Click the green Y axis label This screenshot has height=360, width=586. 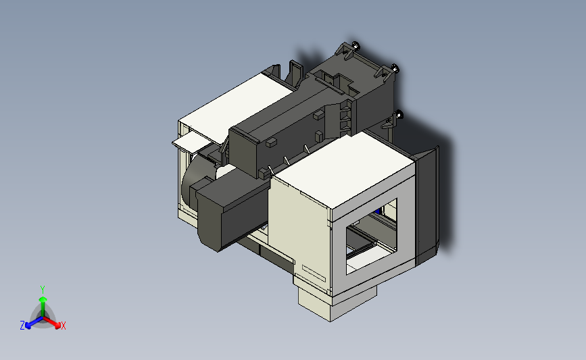(x=43, y=290)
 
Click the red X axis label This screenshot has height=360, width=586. (x=63, y=326)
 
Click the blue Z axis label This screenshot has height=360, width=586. (x=22, y=326)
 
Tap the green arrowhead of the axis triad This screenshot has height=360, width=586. (x=43, y=300)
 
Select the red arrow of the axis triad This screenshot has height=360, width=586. (x=51, y=322)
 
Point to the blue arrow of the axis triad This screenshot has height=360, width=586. (x=34, y=322)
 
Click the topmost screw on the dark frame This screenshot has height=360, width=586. (x=356, y=46)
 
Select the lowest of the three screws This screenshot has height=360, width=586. (x=399, y=114)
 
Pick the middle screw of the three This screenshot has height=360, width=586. (x=395, y=69)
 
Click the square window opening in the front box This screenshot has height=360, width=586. (x=372, y=236)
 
